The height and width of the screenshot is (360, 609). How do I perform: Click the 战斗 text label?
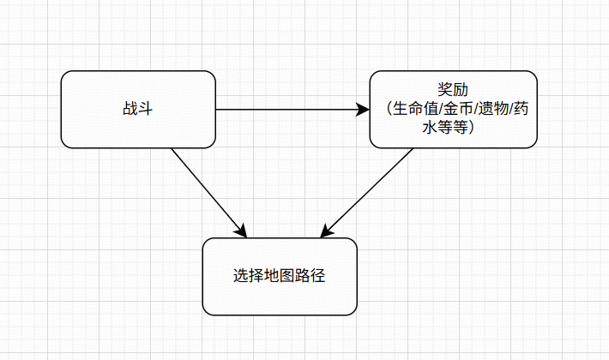(x=138, y=110)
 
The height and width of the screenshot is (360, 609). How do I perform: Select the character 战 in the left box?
(x=131, y=110)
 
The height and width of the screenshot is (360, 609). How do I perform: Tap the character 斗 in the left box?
(x=145, y=110)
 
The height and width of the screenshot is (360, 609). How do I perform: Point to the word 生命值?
(x=413, y=110)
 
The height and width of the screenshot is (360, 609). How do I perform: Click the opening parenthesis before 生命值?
(x=387, y=110)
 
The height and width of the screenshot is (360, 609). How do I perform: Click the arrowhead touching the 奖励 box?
(x=362, y=110)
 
